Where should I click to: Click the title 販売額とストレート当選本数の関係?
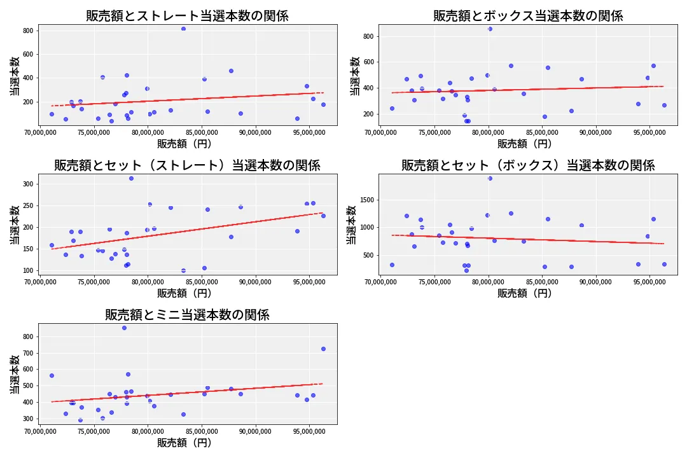187,16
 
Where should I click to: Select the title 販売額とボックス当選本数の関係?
528,16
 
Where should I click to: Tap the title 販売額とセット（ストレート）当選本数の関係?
187,165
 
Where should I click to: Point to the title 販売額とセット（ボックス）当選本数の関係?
528,165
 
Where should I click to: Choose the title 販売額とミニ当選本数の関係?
187,315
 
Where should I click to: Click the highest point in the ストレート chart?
183,29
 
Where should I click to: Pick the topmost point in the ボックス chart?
490,29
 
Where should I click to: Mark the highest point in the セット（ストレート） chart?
131,178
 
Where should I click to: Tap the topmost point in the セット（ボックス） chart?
490,178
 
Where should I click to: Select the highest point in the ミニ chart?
124,328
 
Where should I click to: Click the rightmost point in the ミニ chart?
323,349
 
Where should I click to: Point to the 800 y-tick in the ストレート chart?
28,31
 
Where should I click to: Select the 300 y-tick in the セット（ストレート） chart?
28,184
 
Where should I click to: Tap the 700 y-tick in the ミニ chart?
28,353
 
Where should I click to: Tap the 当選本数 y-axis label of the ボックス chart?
355,76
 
